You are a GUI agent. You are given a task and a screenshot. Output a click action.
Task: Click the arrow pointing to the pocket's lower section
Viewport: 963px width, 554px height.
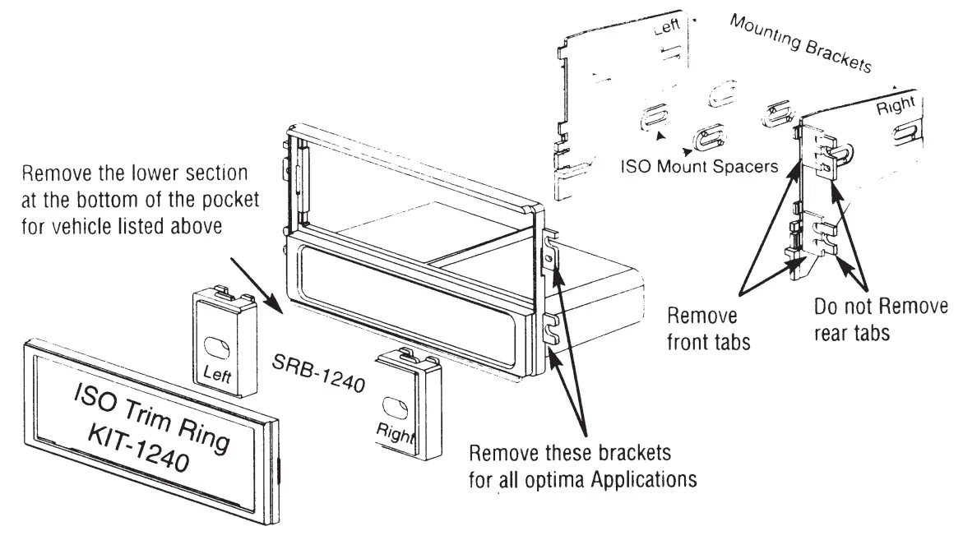tap(255, 284)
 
